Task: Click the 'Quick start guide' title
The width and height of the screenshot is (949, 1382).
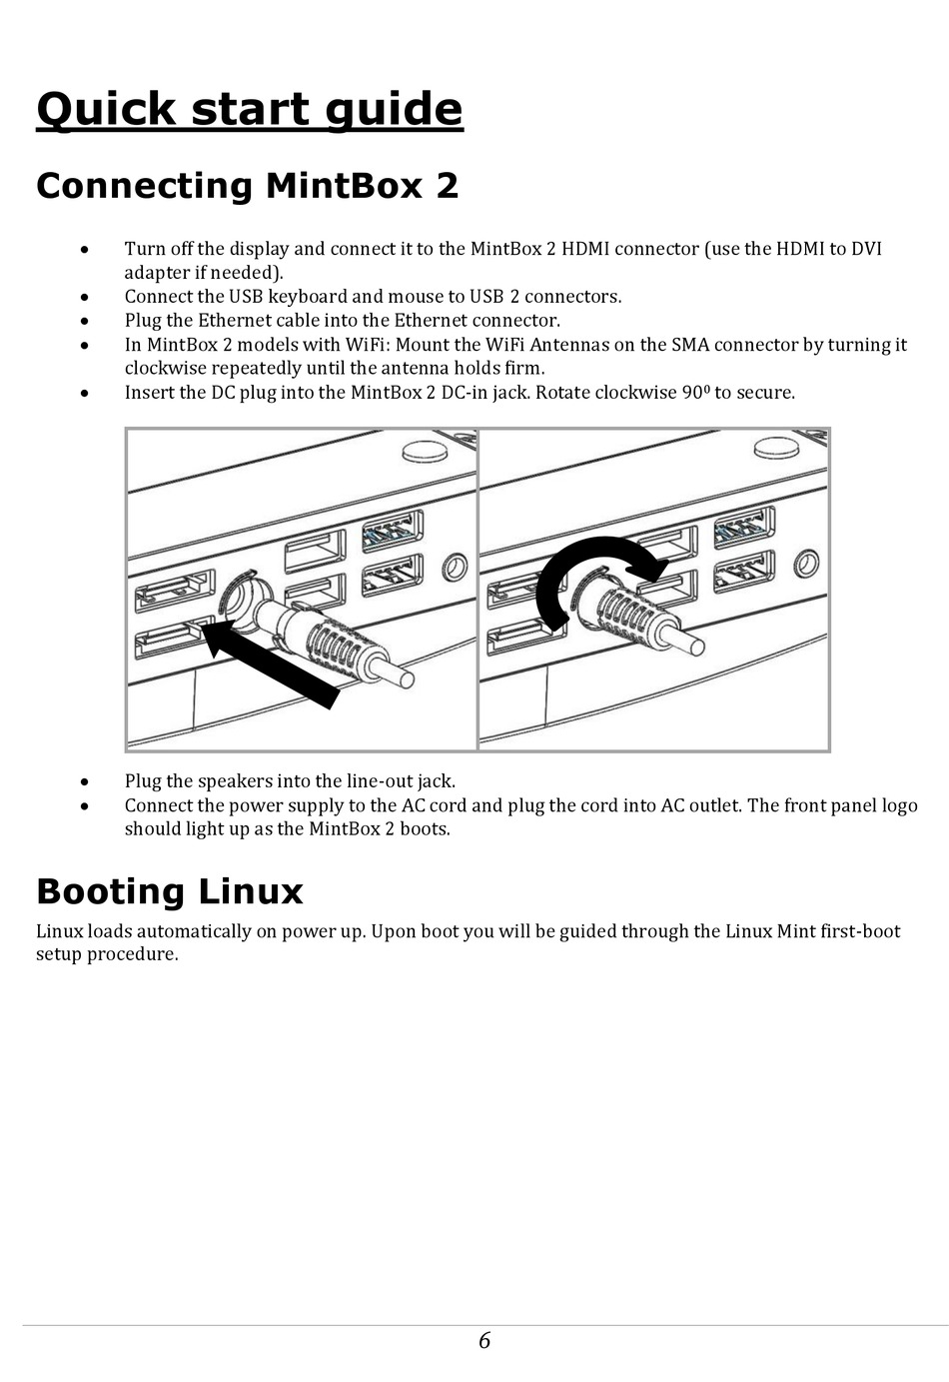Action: [x=250, y=110]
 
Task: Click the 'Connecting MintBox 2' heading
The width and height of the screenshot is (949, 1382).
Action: [x=247, y=186]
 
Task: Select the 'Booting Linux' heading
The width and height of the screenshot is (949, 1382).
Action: [x=169, y=891]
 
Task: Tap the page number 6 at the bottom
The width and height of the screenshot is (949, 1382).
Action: [x=484, y=1340]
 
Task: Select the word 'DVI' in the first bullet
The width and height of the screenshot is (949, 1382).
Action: [x=865, y=249]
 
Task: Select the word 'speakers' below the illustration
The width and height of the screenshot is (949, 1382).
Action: [x=233, y=781]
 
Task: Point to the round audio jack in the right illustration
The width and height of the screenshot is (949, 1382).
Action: [x=805, y=567]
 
